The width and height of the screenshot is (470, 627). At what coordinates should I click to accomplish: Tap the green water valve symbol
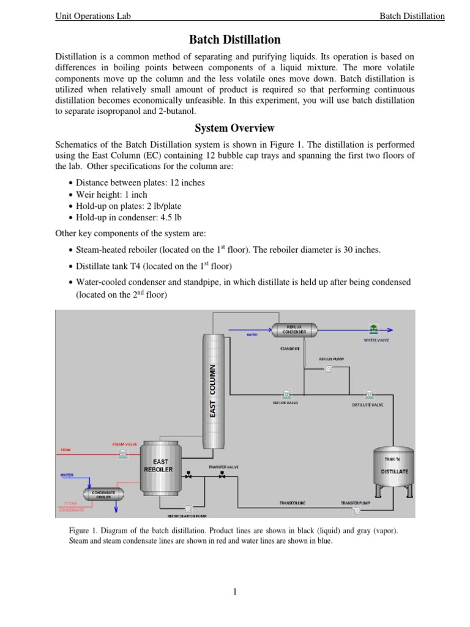click(x=373, y=329)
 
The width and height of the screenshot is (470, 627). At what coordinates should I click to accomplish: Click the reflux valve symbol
click(x=285, y=393)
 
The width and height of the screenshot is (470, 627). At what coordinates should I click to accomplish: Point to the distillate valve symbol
click(x=368, y=394)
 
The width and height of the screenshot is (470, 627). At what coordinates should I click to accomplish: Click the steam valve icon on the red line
click(x=123, y=453)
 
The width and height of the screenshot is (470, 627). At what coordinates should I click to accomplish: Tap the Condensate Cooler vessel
click(x=103, y=494)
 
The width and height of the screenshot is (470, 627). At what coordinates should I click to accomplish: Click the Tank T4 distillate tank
click(x=392, y=471)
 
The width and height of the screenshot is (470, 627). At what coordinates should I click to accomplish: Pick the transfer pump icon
click(x=356, y=510)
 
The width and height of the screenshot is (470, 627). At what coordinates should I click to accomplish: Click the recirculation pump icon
click(x=188, y=508)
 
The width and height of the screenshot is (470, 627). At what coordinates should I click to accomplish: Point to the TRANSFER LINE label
click(x=292, y=503)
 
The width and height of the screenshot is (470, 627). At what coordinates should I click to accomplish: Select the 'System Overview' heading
click(x=234, y=128)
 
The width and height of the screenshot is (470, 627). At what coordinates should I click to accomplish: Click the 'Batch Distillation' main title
click(x=234, y=40)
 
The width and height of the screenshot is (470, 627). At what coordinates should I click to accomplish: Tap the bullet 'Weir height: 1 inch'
click(x=111, y=194)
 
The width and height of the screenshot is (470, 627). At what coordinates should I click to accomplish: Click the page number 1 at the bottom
click(x=235, y=591)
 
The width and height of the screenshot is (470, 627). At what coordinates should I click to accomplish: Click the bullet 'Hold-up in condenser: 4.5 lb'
click(x=129, y=217)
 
